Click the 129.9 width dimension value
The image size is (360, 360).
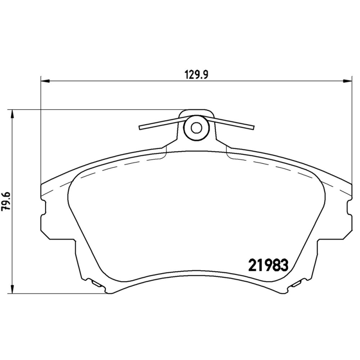(197, 75)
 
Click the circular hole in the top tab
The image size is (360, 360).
(196, 127)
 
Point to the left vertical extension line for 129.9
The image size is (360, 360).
(41, 135)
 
